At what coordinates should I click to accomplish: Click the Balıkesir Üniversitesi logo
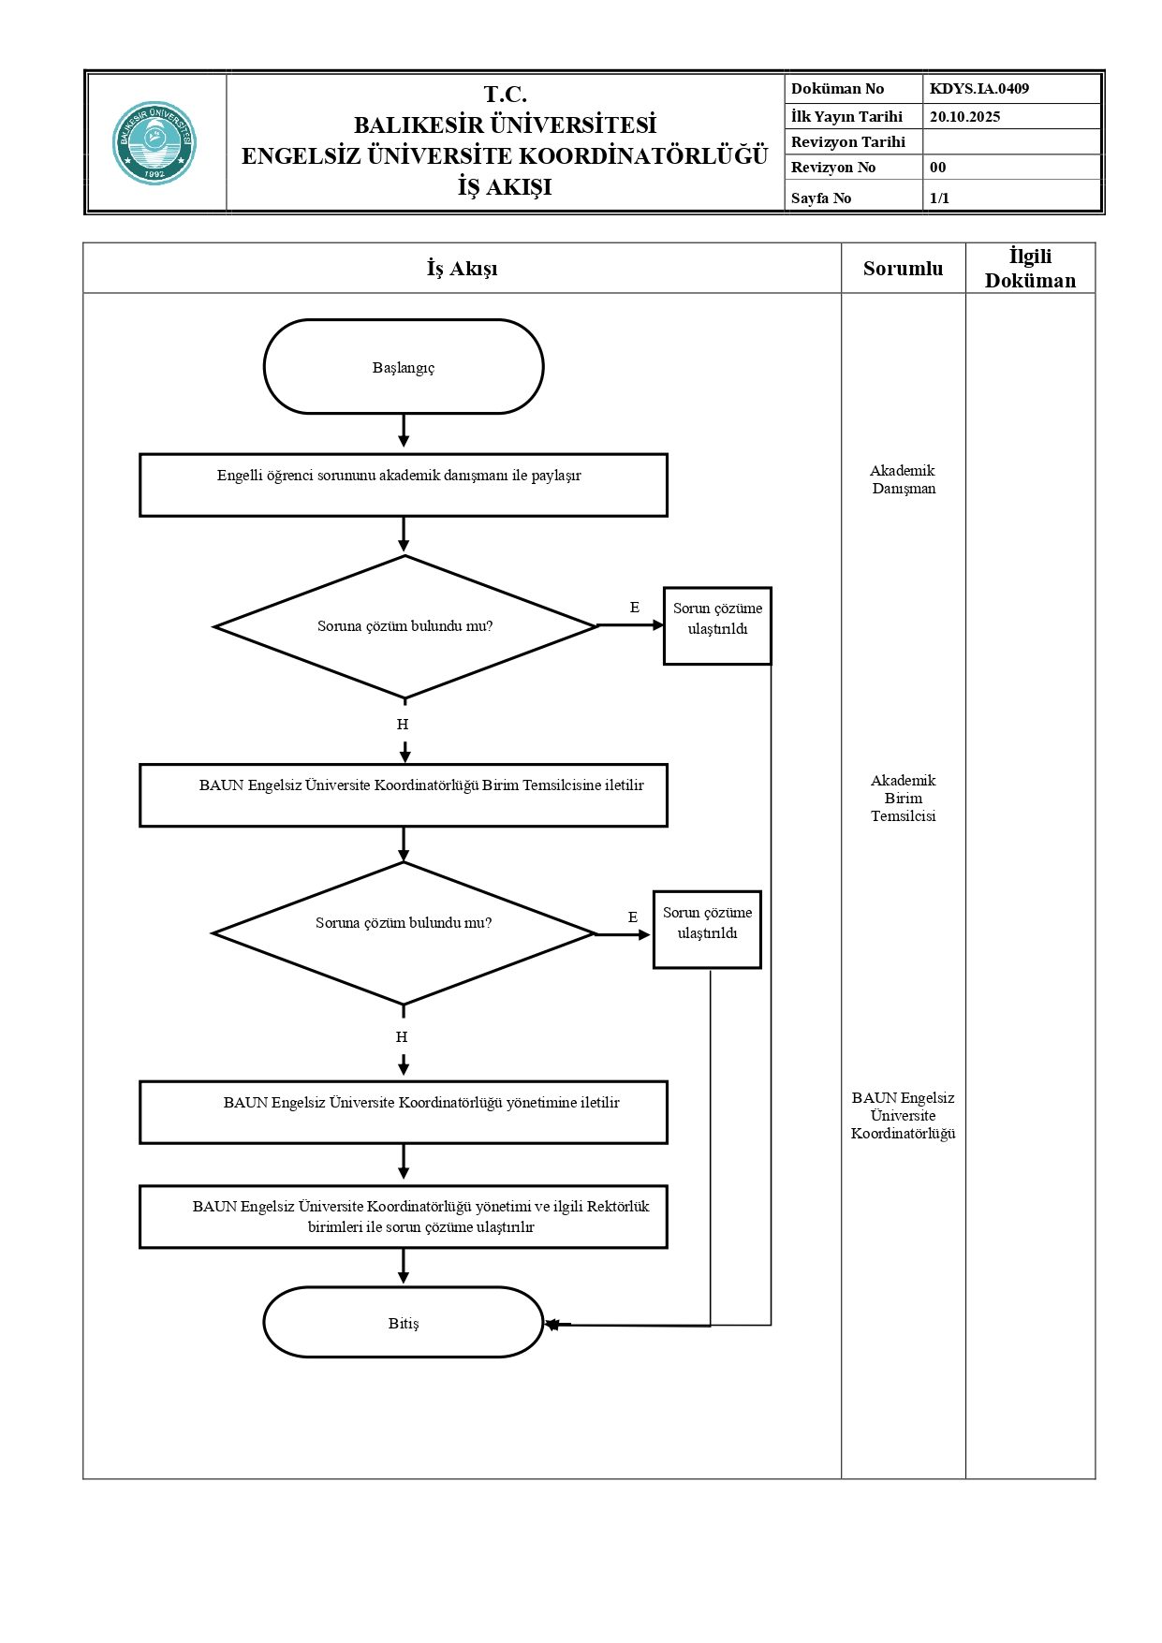pos(154,142)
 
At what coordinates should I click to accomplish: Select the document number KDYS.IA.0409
pos(978,89)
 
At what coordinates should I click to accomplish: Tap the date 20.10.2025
pos(964,117)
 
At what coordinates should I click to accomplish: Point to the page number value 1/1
pos(939,198)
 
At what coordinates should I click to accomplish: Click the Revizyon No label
pos(832,168)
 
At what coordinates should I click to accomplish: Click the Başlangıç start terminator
pos(404,367)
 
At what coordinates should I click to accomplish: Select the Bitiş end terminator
pos(404,1322)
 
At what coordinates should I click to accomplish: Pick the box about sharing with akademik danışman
pos(404,485)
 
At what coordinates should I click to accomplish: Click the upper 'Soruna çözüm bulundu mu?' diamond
pos(405,626)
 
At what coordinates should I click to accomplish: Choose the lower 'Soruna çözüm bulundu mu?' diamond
pos(404,932)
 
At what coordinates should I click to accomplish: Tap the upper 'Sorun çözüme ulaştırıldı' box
pos(717,625)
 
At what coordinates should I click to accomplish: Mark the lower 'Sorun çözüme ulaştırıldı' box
pos(707,930)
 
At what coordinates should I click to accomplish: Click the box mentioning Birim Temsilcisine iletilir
pos(404,795)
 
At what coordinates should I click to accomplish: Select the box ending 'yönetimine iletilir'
pos(404,1112)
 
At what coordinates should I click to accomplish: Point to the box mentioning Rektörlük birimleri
pos(404,1216)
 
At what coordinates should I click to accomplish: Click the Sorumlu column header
pos(903,269)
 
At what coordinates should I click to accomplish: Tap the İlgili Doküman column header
pos(1030,269)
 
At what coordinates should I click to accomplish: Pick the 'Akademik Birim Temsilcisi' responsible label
pos(903,798)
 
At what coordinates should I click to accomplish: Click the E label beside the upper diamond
pos(634,608)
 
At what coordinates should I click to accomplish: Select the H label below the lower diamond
pos(402,1036)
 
